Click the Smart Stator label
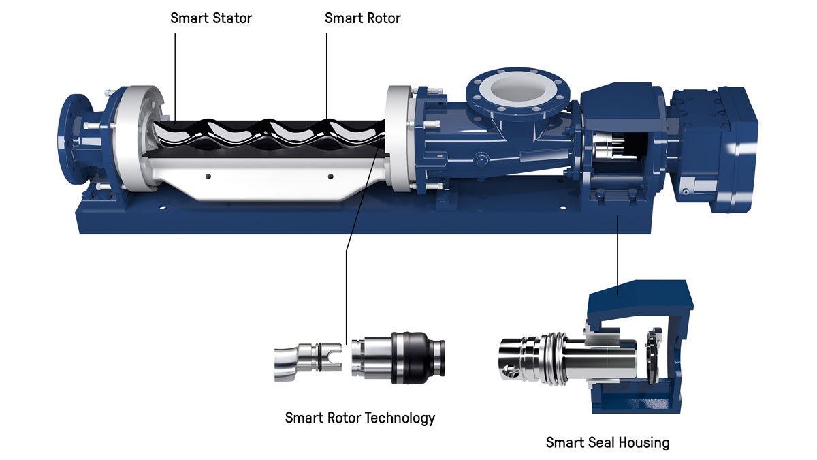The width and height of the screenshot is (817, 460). (211, 18)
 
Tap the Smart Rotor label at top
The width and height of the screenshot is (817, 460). (362, 18)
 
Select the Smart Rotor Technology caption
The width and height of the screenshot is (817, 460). (360, 418)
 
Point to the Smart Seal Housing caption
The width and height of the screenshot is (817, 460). (607, 442)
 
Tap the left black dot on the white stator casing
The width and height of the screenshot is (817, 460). (208, 177)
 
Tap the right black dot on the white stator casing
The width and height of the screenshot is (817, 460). (330, 177)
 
